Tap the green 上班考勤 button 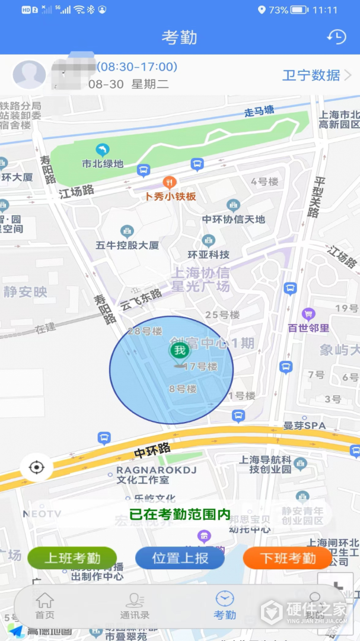(72, 558)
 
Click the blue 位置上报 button (180, 558)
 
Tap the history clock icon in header (336, 37)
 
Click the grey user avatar (29, 75)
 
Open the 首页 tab (44, 605)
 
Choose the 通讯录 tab (135, 605)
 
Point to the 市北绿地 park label (103, 163)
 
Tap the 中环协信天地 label (234, 219)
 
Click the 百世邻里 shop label (308, 327)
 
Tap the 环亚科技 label (208, 254)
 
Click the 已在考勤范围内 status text (180, 515)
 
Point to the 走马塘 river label (259, 112)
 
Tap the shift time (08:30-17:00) (137, 67)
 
